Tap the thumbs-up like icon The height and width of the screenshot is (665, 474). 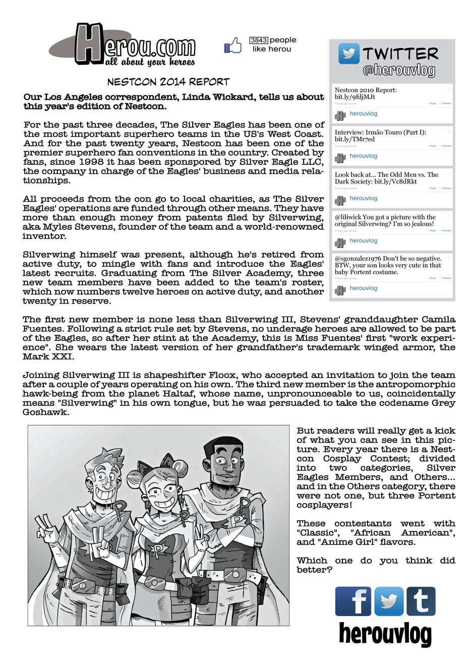pyautogui.click(x=232, y=46)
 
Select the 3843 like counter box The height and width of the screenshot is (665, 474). pyautogui.click(x=258, y=40)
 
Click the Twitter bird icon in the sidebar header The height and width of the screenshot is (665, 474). pyautogui.click(x=348, y=53)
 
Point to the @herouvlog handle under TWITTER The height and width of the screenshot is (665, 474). pyautogui.click(x=398, y=70)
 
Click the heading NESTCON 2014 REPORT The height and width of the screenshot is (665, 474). pyautogui.click(x=168, y=82)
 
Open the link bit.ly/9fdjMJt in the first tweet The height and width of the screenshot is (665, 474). pyautogui.click(x=355, y=97)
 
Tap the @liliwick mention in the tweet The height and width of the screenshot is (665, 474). pyautogui.click(x=347, y=217)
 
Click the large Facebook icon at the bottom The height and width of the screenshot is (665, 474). pyautogui.click(x=352, y=601)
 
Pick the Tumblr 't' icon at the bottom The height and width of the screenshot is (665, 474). pyautogui.click(x=421, y=601)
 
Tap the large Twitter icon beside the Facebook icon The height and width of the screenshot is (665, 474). pyautogui.click(x=388, y=601)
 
